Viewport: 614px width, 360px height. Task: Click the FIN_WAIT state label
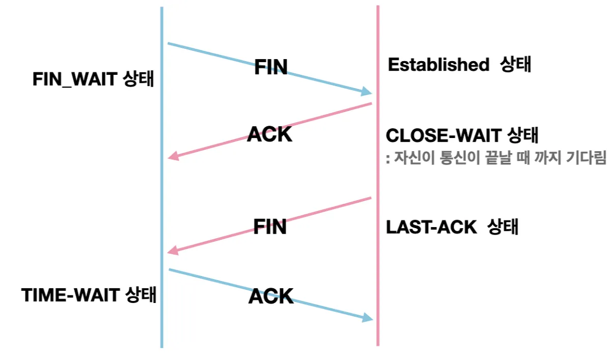click(93, 79)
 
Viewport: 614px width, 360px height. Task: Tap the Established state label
click(459, 65)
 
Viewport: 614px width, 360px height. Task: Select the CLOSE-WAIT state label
click(462, 136)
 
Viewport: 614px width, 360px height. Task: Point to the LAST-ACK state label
click(452, 227)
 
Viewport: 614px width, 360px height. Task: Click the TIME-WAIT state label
click(89, 295)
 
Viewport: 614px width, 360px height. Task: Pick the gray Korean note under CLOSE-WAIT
click(496, 158)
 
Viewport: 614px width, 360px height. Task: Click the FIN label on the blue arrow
click(271, 67)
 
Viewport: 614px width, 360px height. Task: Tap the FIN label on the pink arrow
click(270, 227)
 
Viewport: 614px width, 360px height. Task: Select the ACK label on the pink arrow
click(270, 134)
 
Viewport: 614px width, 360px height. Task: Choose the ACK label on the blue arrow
click(271, 296)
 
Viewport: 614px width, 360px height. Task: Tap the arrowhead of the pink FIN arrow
click(174, 251)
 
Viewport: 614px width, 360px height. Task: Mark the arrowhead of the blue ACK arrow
click(368, 318)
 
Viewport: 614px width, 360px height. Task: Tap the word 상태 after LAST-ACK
click(503, 227)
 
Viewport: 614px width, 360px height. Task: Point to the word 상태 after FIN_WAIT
click(138, 79)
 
